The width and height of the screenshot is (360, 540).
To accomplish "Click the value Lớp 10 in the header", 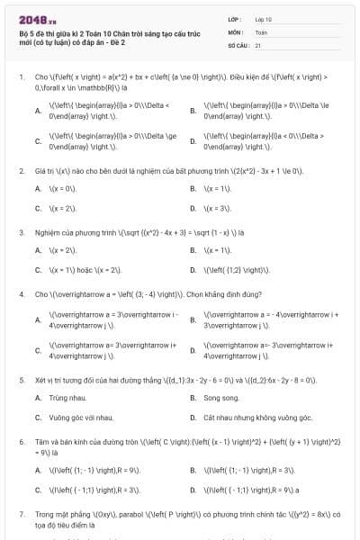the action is tap(263, 19).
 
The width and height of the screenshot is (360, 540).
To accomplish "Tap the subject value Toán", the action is tap(261, 31).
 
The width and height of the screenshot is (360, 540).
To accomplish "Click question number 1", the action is tap(21, 77).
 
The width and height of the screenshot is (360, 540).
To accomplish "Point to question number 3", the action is tap(21, 232).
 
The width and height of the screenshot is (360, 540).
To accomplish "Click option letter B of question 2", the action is tap(193, 188).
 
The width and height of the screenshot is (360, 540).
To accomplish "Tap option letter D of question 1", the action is tap(193, 140).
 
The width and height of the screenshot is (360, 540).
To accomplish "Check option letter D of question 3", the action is tap(193, 269).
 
